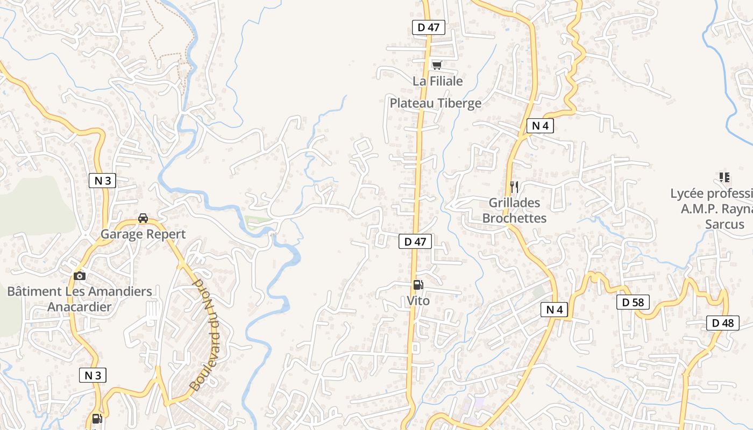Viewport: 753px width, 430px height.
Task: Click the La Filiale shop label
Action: (x=437, y=81)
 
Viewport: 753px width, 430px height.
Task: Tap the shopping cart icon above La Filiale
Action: (x=437, y=66)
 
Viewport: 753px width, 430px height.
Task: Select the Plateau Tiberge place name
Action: (x=435, y=103)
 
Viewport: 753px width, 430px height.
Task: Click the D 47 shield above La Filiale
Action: (x=429, y=27)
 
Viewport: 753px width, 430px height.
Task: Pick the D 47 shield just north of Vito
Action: (x=415, y=242)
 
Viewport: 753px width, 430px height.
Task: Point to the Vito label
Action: (x=418, y=300)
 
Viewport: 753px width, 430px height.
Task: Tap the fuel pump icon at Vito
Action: (x=418, y=285)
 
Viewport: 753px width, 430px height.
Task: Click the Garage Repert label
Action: (x=143, y=234)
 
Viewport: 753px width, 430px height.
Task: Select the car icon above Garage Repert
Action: (x=143, y=218)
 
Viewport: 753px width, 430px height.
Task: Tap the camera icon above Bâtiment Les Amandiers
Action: (x=80, y=276)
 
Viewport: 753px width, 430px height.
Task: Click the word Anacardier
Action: (x=80, y=307)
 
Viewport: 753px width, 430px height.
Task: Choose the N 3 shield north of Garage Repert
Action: (x=102, y=181)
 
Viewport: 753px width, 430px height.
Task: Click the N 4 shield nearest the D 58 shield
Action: (x=555, y=310)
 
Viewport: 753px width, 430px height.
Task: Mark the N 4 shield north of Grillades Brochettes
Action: (x=540, y=126)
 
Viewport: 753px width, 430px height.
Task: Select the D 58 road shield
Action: (x=633, y=302)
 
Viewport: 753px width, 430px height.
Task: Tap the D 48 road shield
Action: (x=722, y=323)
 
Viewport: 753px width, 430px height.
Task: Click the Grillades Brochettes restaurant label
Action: (x=514, y=210)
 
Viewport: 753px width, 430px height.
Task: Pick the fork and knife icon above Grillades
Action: (x=514, y=187)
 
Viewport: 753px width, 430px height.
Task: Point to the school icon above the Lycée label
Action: (x=724, y=177)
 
